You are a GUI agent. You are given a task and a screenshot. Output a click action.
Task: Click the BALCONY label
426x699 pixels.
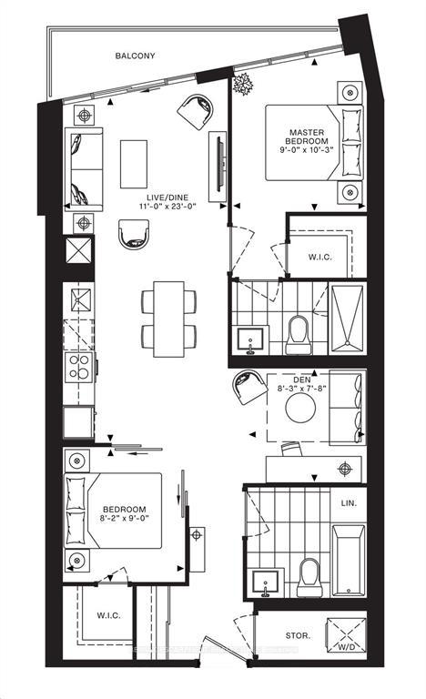pyautogui.click(x=135, y=56)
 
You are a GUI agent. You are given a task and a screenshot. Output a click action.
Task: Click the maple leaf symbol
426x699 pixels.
pyautogui.click(x=244, y=87)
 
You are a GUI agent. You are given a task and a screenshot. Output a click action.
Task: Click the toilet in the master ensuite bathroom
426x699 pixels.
pyautogui.click(x=299, y=335)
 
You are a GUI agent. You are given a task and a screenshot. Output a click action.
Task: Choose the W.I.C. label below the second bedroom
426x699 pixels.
pyautogui.click(x=109, y=615)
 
